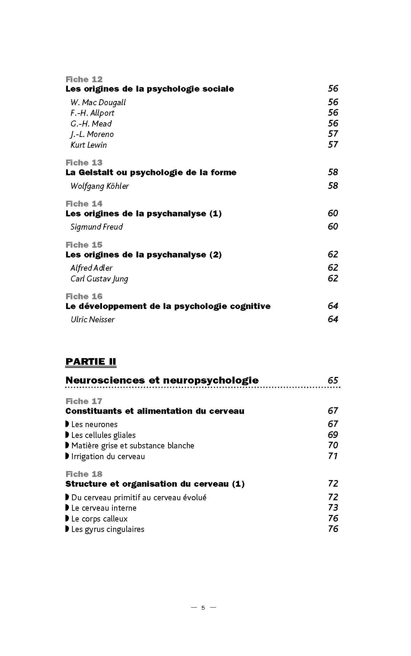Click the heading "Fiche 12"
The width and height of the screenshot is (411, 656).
[84, 79]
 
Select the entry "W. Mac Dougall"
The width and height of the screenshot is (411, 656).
[98, 102]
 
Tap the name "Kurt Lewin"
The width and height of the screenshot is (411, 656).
[88, 145]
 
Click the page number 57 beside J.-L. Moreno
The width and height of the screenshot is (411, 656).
[333, 134]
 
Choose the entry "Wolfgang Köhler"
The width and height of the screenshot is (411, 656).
[99, 186]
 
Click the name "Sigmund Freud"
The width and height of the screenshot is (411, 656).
[96, 227]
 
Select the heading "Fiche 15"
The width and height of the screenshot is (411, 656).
[84, 245]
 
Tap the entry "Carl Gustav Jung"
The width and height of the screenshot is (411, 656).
[99, 279]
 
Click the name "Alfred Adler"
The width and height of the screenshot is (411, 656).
[91, 268]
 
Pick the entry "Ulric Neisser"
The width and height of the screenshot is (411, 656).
[92, 319]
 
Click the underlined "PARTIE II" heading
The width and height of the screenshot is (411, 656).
[90, 362]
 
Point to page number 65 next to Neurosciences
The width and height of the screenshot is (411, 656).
[333, 380]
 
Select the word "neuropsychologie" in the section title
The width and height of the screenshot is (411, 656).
[211, 380]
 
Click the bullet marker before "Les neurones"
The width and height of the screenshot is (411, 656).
[67, 424]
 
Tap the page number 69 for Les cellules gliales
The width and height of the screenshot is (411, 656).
[333, 435]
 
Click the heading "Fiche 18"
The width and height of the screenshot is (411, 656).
[84, 474]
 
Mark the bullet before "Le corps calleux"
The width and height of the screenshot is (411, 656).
[67, 518]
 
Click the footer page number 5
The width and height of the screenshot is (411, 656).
[203, 608]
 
